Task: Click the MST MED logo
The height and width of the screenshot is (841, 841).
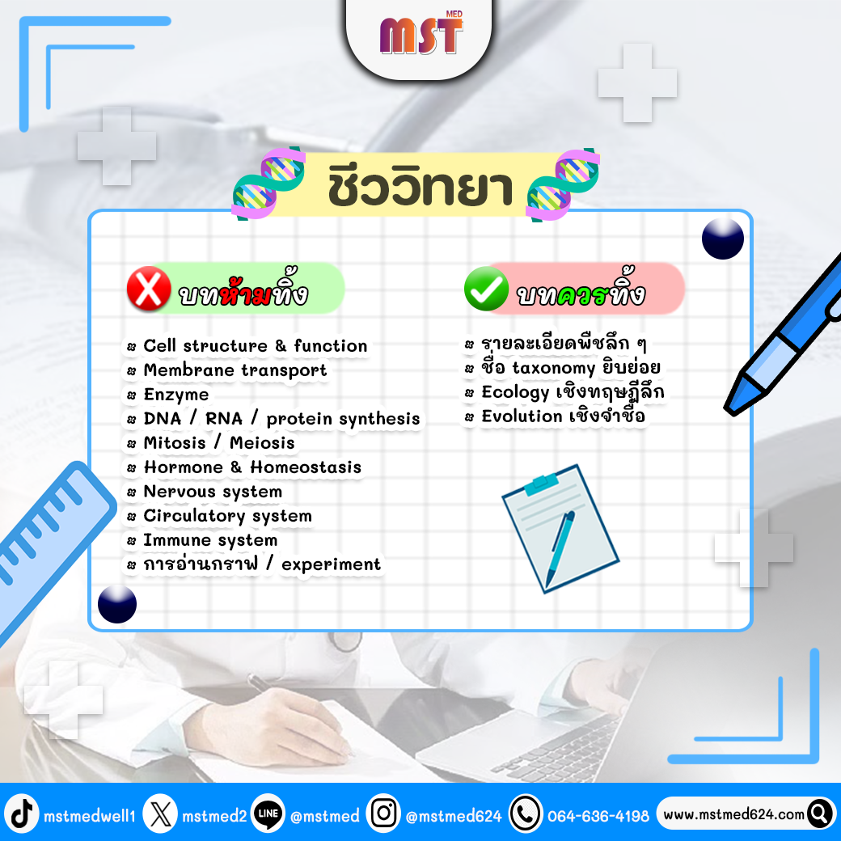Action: coord(421,33)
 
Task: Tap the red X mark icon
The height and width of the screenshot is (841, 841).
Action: coord(149,289)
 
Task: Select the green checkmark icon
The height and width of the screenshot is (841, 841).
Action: coord(486,289)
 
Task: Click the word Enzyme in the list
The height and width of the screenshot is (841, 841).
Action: coord(176,395)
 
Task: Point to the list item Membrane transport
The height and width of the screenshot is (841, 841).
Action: coord(235,370)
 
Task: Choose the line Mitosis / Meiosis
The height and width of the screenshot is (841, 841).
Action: coord(219,443)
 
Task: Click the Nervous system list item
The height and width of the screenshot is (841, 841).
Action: coord(213,492)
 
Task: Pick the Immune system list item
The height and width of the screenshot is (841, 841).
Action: coord(210,540)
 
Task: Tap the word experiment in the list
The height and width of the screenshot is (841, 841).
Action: coord(331,564)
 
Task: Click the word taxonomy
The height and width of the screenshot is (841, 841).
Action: coord(553,369)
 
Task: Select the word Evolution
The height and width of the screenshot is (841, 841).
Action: coord(522,416)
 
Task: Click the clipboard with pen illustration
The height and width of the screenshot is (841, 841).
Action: coord(560,529)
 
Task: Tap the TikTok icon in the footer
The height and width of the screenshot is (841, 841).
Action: coord(22,814)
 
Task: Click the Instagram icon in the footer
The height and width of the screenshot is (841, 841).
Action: coord(383,814)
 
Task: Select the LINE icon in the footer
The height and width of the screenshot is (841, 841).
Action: coord(268,814)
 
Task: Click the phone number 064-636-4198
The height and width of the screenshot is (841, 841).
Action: coord(598,816)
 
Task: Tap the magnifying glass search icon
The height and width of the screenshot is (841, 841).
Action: coord(820,814)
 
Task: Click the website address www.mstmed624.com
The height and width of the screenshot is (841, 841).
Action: coord(733,815)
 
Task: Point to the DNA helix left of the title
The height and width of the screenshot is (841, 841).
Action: coord(268,184)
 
